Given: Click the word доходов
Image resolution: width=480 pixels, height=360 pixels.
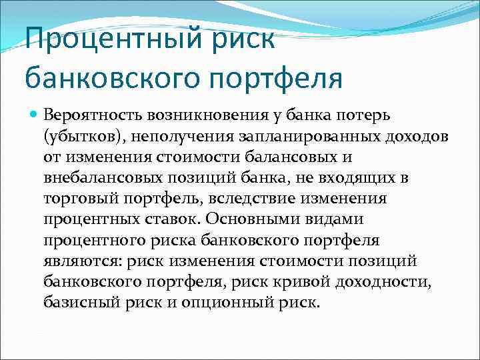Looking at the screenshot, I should pyautogui.click(x=399, y=137).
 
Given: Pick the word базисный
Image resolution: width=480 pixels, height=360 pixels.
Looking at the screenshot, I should pyautogui.click(x=77, y=303).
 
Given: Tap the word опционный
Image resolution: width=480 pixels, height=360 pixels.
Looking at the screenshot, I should pyautogui.click(x=243, y=303).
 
